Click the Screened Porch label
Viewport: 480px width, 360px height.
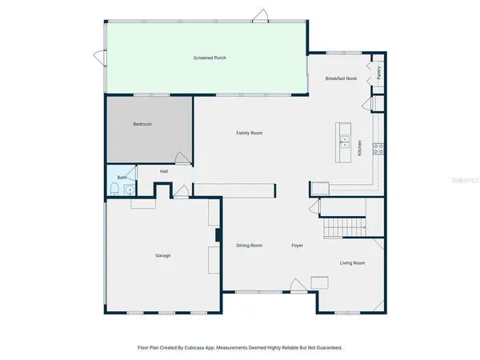(210, 58)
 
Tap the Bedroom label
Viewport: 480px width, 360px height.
(142, 124)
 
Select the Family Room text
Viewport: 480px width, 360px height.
(249, 133)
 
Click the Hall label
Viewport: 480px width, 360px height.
(164, 171)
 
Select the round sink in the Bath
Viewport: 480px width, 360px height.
(128, 189)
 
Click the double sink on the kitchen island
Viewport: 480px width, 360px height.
(345, 144)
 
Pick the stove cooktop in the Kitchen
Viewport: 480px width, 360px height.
(379, 147)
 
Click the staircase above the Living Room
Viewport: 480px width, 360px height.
(344, 229)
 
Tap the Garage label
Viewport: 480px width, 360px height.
(162, 255)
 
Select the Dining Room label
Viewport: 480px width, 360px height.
(250, 246)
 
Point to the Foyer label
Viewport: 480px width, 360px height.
(298, 246)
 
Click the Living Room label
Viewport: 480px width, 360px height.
(352, 262)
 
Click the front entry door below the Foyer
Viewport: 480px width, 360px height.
(298, 289)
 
